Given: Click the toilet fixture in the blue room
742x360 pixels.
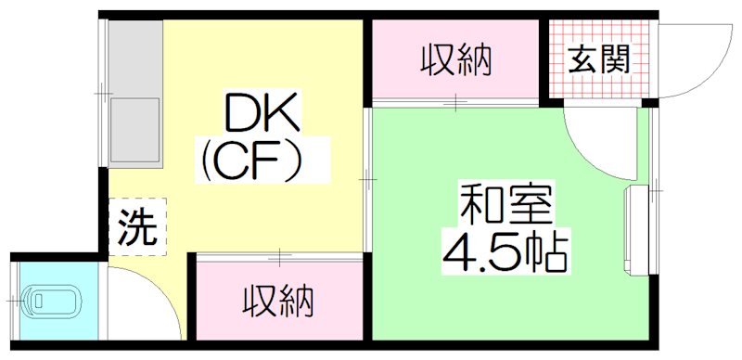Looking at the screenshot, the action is click(55, 300).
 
